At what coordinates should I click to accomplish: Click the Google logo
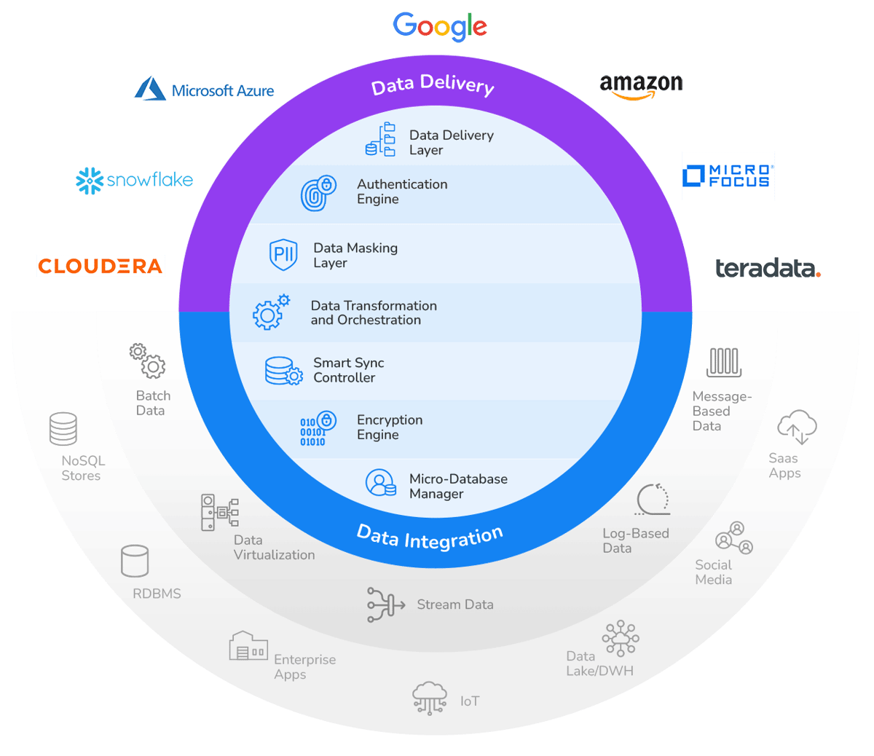tap(440, 27)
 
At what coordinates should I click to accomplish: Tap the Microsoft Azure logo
tap(205, 89)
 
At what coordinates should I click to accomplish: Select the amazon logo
tap(641, 85)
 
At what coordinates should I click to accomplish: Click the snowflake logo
tap(135, 180)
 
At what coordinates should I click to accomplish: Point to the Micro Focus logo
tap(728, 176)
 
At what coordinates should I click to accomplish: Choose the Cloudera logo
tap(101, 266)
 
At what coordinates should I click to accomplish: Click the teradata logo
tap(767, 269)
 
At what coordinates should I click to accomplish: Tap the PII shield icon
tap(283, 254)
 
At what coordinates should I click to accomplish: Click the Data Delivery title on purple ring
tap(433, 84)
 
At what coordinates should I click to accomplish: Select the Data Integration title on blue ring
tap(430, 538)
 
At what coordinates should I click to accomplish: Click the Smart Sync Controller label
tap(348, 370)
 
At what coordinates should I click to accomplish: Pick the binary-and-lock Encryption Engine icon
tap(318, 429)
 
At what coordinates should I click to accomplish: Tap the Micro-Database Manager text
tap(458, 486)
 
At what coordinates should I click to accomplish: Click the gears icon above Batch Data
tap(148, 361)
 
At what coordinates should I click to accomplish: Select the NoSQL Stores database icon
tap(63, 428)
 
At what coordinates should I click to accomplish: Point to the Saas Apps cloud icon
tap(797, 427)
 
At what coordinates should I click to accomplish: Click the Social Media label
tap(713, 572)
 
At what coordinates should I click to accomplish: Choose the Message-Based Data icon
tap(724, 362)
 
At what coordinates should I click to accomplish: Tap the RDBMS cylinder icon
tap(135, 562)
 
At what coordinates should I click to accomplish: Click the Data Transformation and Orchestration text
tap(374, 312)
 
